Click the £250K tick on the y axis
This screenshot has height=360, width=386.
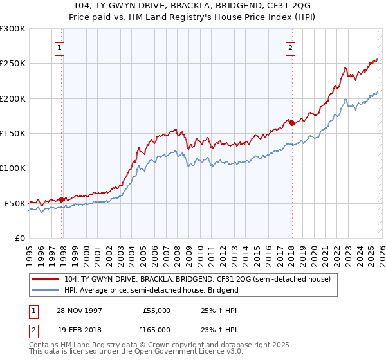pos(13,64)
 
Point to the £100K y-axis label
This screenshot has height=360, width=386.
pos(13,168)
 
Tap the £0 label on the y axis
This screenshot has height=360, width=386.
pos(19,238)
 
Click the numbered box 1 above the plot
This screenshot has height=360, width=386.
pos(59,48)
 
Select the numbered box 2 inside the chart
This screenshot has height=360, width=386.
pos(291,48)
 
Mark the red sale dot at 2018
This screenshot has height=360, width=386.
pos(291,123)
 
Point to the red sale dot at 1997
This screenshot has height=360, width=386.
pos(62,199)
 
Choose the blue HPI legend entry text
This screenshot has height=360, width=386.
pos(151,290)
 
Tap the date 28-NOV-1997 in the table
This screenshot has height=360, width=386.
pos(80,310)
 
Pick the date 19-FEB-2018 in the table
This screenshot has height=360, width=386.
pos(80,330)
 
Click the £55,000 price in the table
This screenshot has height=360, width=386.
pos(156,310)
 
